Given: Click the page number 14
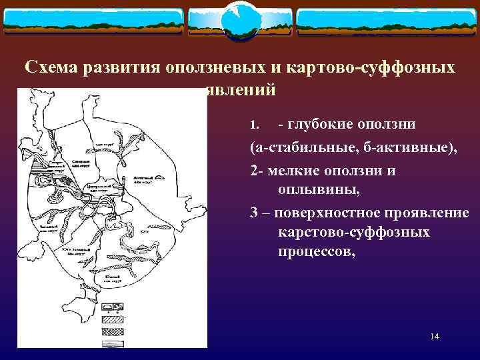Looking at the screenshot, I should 435,337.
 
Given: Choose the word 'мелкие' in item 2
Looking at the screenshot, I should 291,171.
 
